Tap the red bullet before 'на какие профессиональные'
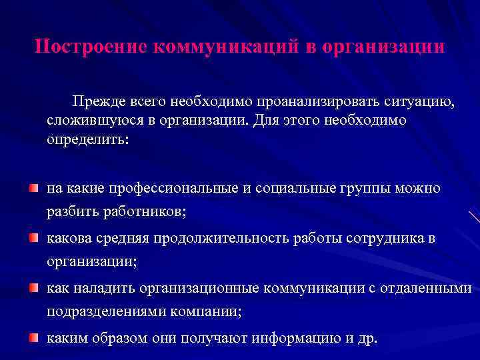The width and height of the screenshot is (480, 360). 33,189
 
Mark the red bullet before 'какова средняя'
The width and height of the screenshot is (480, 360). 33,238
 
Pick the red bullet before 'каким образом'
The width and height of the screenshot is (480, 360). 33,337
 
